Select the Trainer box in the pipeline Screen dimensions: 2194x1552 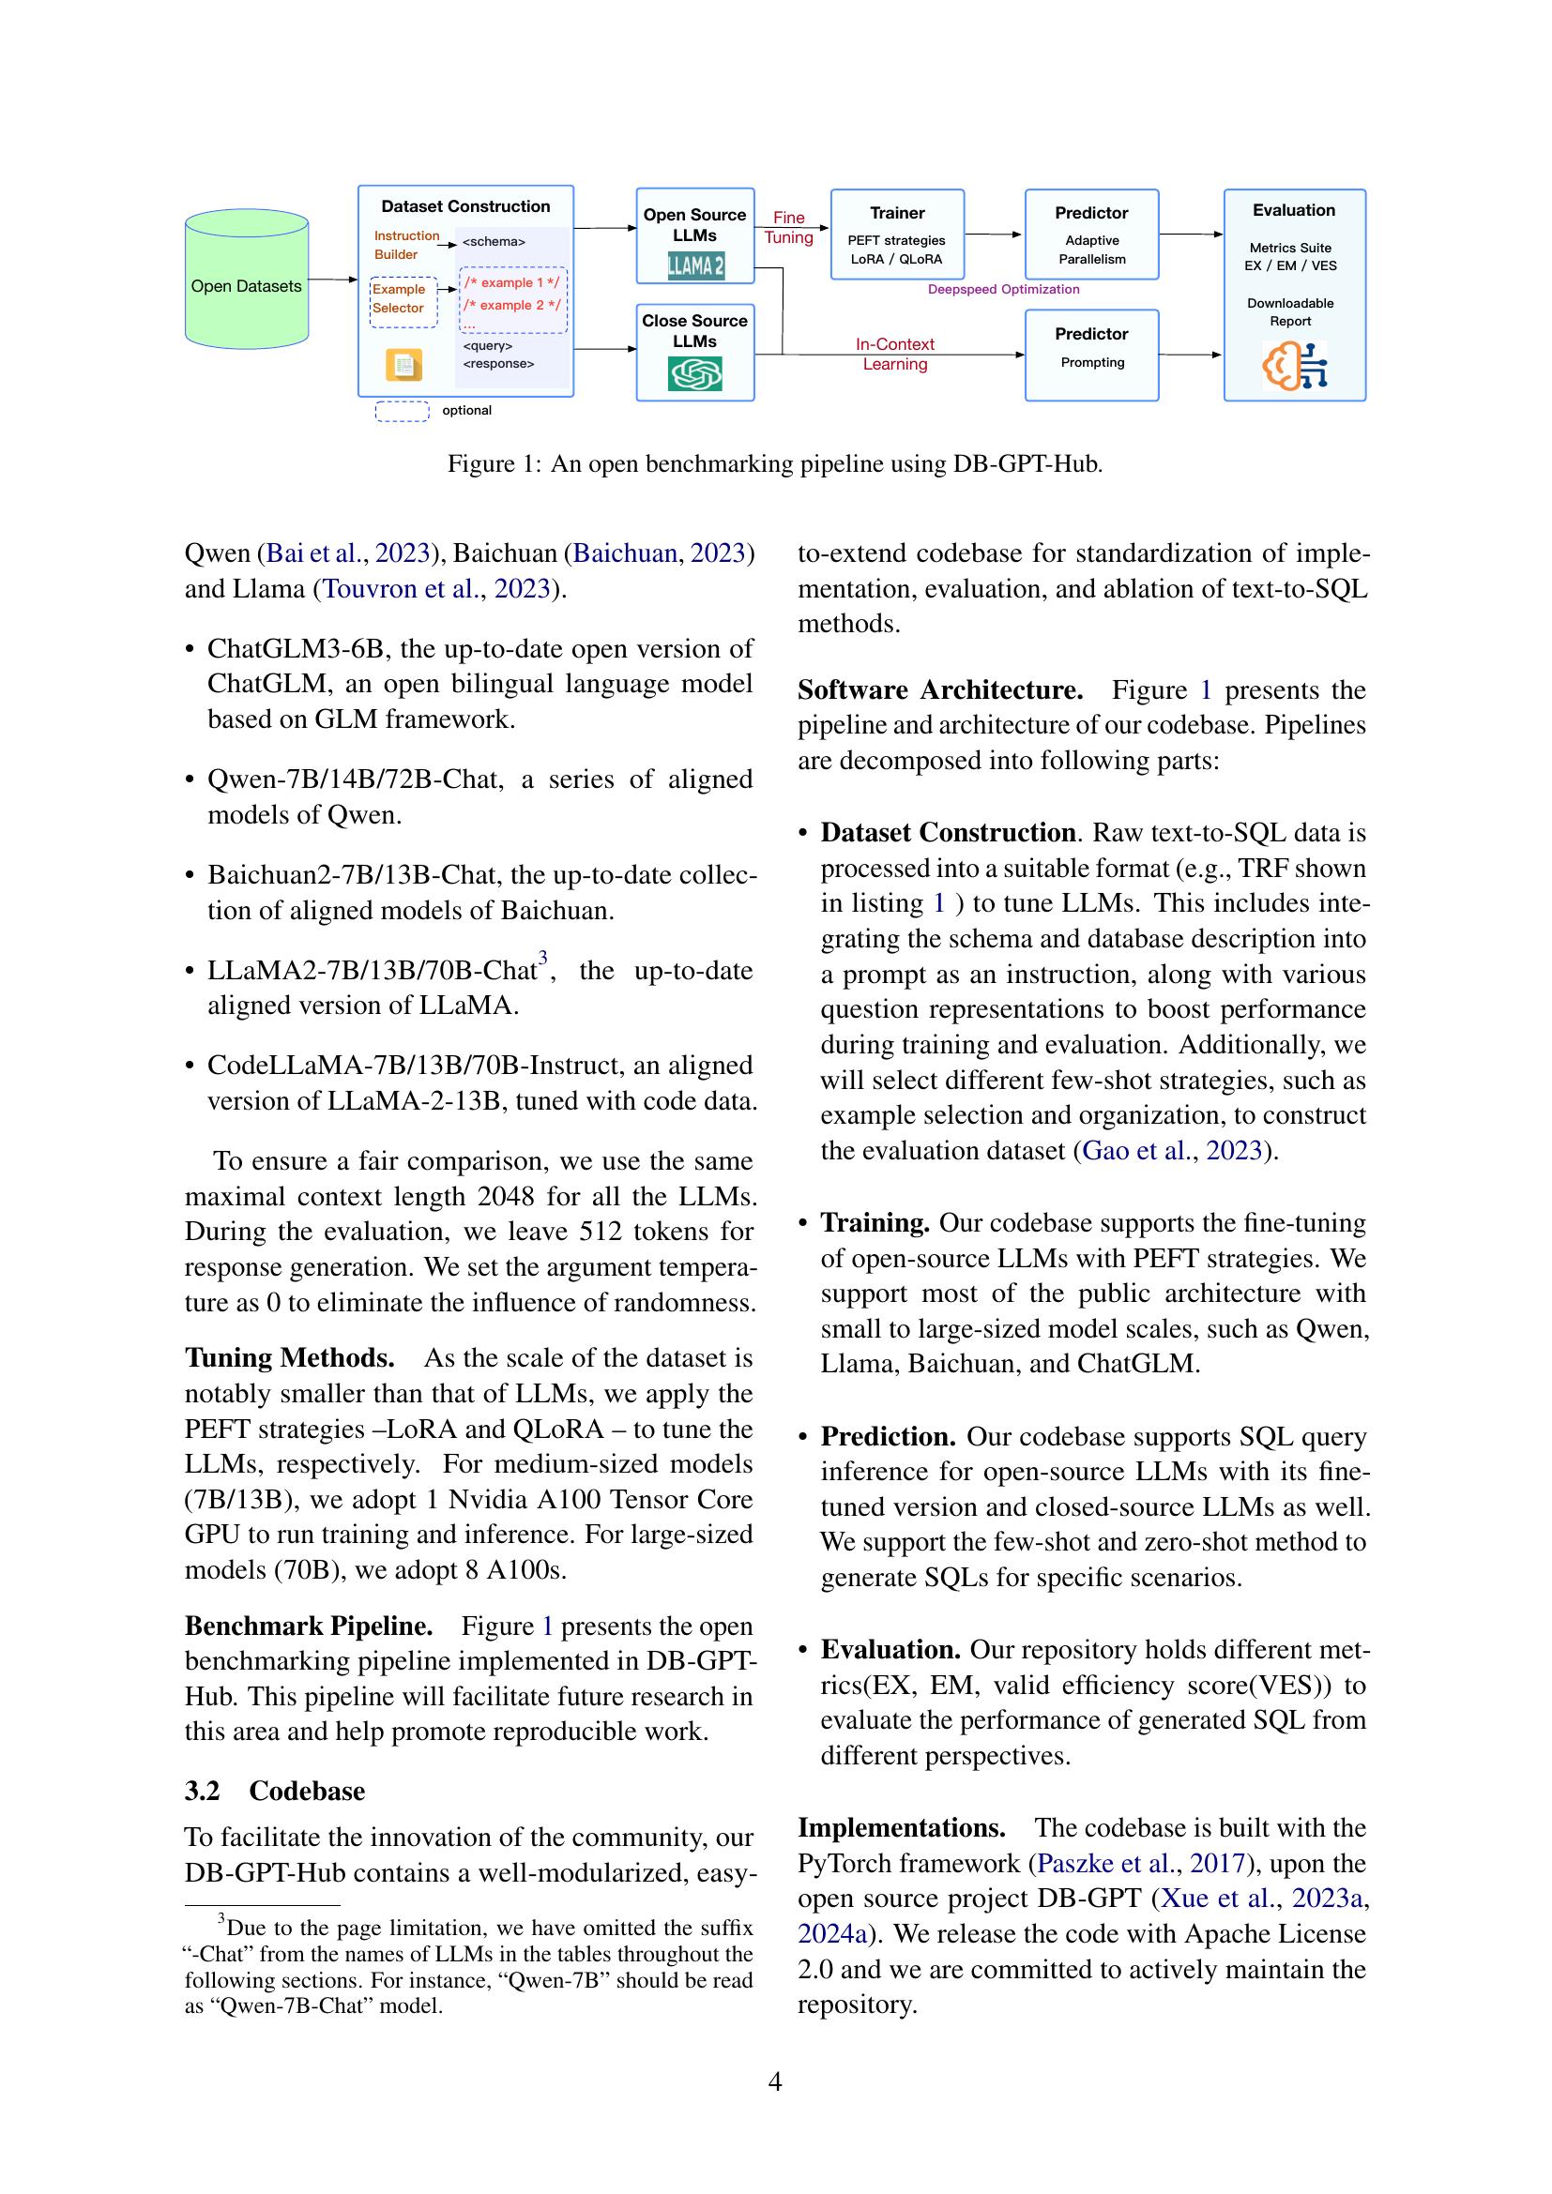[x=896, y=235]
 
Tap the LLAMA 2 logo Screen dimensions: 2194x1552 [x=694, y=265]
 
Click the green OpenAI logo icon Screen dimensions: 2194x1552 [x=694, y=373]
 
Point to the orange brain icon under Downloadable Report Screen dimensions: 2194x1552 [x=1294, y=365]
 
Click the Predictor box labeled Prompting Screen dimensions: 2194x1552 [x=1091, y=355]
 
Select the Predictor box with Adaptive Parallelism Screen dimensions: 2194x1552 [x=1091, y=235]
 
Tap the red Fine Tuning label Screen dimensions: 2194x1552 [x=788, y=227]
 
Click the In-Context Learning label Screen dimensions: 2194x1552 [x=894, y=354]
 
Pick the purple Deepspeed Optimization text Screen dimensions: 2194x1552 [x=1003, y=290]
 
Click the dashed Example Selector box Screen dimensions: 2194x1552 [x=403, y=300]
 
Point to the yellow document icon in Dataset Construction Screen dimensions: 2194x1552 [x=403, y=365]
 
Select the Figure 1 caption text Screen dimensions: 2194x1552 [x=775, y=464]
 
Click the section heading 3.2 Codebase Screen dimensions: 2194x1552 [x=274, y=1791]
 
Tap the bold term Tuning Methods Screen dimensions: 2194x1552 [x=290, y=1358]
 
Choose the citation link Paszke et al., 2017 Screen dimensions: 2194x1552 [x=1141, y=1864]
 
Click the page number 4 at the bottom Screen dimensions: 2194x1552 [x=775, y=2081]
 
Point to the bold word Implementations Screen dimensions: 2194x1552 [x=901, y=1828]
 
